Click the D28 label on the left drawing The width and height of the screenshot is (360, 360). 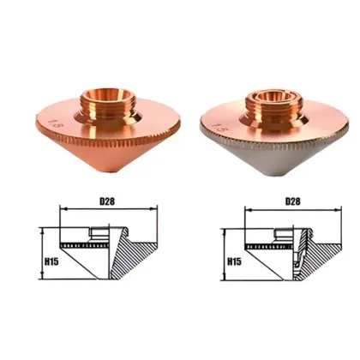tap(106, 202)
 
